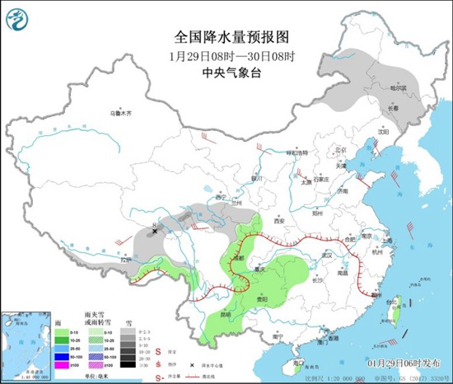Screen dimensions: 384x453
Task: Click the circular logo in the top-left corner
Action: (21, 20)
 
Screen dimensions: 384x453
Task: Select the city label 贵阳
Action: (261, 299)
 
